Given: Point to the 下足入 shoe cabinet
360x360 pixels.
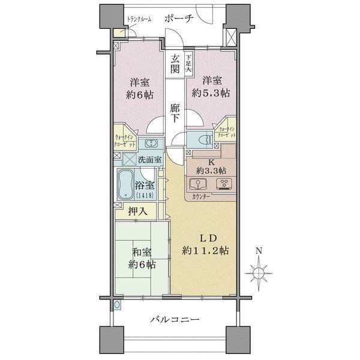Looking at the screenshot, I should point(189,63).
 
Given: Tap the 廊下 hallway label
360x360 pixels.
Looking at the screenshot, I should point(175,113).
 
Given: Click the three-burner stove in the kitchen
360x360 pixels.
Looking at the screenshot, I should point(226,184).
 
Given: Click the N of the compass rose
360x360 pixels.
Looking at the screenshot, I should point(259,250).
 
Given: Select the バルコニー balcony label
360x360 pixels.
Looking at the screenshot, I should point(173,319).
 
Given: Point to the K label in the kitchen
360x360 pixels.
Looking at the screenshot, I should point(211,161).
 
